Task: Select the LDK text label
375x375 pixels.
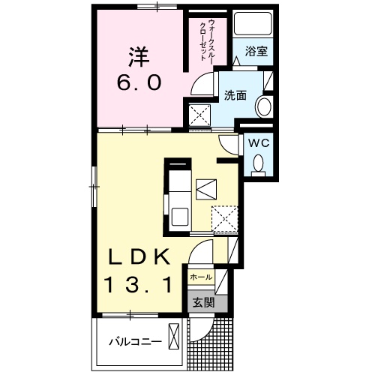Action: [x=138, y=256]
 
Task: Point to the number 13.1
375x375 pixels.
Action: [x=139, y=283]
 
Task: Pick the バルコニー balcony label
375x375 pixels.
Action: [x=136, y=341]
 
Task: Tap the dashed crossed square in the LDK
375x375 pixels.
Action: [x=223, y=218]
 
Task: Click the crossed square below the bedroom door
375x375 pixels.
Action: [x=199, y=115]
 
